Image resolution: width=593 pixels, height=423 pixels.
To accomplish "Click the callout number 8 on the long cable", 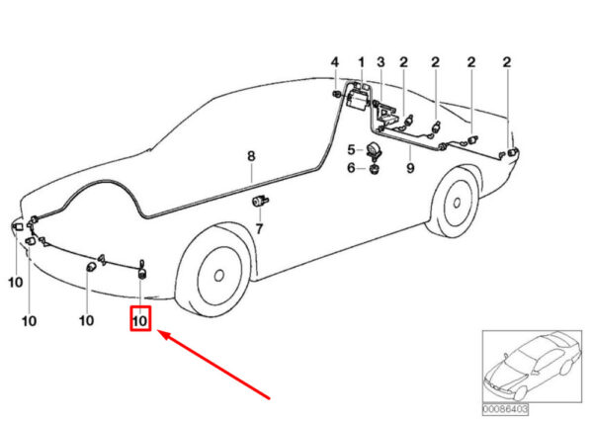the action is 251,156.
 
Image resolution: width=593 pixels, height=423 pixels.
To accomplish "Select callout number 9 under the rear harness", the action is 410,167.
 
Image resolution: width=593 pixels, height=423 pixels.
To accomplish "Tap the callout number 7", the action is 259,228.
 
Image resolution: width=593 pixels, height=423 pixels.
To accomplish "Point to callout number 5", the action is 351,149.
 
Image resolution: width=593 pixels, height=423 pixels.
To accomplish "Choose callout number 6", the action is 351,167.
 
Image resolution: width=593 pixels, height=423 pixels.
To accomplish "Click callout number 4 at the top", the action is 335,62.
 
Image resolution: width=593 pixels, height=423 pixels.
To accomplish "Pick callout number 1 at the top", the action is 361,62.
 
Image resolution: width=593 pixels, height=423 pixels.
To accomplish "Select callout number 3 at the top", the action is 381,62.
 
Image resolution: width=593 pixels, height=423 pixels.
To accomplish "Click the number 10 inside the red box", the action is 139,321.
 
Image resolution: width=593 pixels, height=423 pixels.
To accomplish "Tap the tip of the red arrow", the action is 157,331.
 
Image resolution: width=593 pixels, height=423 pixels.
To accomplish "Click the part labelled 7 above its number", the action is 260,201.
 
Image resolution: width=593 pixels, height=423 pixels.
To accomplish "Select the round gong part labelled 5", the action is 374,149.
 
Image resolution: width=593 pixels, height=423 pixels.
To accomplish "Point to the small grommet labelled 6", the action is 374,169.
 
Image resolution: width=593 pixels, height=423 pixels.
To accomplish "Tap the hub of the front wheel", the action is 218,275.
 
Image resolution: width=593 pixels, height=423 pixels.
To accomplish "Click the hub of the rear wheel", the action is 457,203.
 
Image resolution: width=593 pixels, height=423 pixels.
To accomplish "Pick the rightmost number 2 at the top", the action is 507,62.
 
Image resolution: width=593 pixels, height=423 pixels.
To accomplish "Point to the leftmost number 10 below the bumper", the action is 16,282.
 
